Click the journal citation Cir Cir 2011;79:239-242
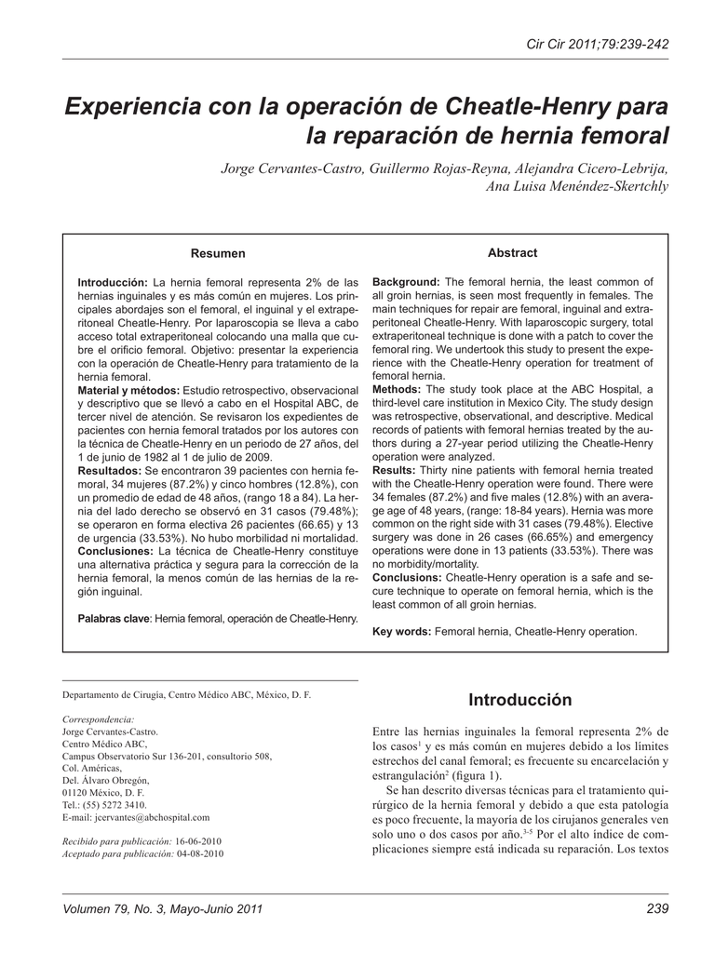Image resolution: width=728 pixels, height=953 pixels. coord(598,45)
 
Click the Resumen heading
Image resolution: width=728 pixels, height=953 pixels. coord(218,253)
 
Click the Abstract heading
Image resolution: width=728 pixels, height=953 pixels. coord(512,252)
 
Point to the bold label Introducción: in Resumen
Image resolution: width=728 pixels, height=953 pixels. coord(113,281)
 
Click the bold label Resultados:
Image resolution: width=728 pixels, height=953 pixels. coord(109,472)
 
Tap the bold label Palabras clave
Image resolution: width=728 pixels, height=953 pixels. coord(114,618)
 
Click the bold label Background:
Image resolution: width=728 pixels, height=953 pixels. coord(406,281)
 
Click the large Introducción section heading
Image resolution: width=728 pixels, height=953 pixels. coord(519,699)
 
